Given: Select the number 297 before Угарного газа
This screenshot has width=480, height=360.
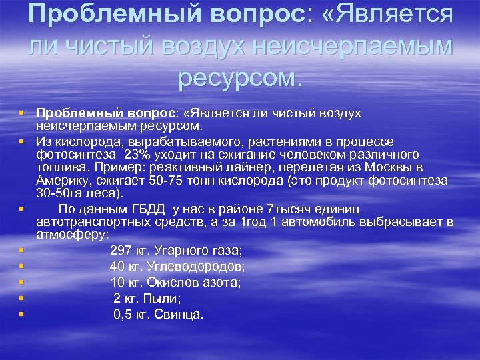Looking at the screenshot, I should [122, 251].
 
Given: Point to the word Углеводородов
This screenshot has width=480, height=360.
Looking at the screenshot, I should [199, 267].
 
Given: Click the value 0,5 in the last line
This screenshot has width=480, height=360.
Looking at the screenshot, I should [124, 314].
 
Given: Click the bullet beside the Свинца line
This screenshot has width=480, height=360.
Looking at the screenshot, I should [22, 313].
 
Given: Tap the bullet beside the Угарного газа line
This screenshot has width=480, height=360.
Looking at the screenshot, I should [22, 249].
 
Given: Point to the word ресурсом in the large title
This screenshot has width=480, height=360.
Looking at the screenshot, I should [239, 78].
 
